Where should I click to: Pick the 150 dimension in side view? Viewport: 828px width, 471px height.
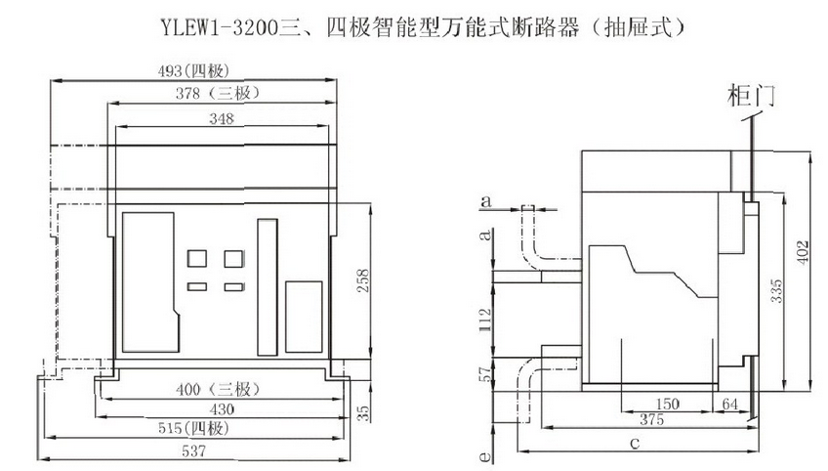tap(667, 404)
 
